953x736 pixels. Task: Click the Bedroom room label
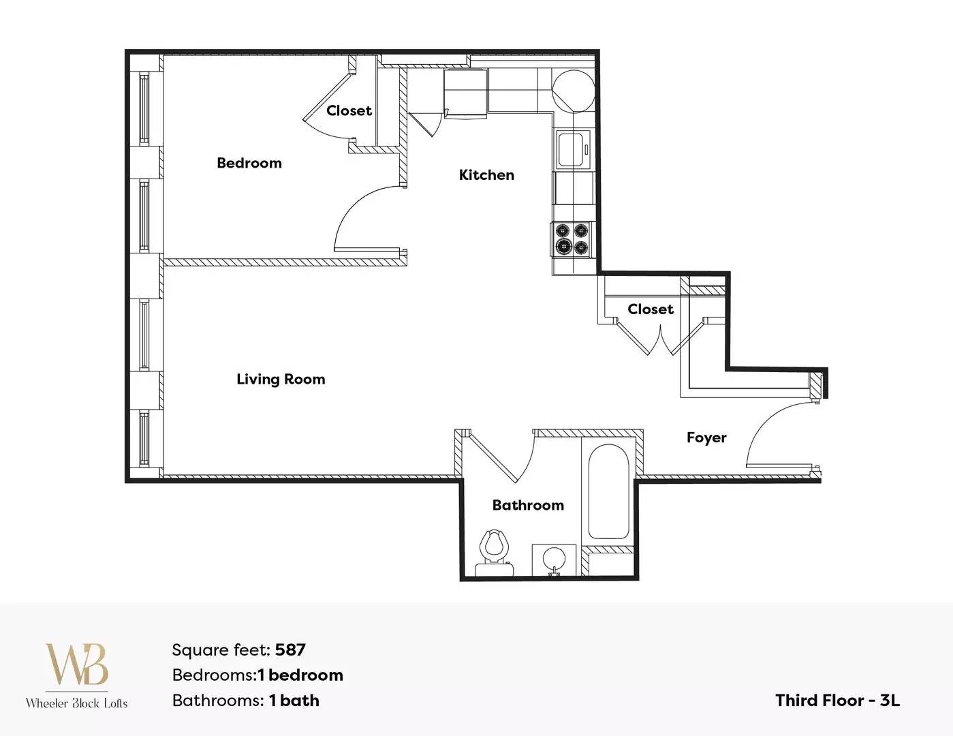tap(249, 163)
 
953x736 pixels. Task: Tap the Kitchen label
tap(486, 175)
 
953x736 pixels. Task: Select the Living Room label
tap(281, 379)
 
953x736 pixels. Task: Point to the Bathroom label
tap(528, 505)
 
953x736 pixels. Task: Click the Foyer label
tap(706, 438)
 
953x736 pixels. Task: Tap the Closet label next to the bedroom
tap(349, 110)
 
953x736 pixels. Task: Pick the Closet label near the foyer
tap(651, 309)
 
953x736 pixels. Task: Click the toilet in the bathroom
tap(495, 552)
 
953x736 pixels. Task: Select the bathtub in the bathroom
tap(608, 492)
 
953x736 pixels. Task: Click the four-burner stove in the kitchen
tap(572, 239)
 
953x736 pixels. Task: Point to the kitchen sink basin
tap(571, 150)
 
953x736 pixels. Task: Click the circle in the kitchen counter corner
tap(573, 91)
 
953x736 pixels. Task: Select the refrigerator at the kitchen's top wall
tap(465, 93)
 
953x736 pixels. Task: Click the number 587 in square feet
tap(290, 650)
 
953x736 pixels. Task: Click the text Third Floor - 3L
tap(838, 701)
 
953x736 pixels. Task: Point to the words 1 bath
tap(294, 701)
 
